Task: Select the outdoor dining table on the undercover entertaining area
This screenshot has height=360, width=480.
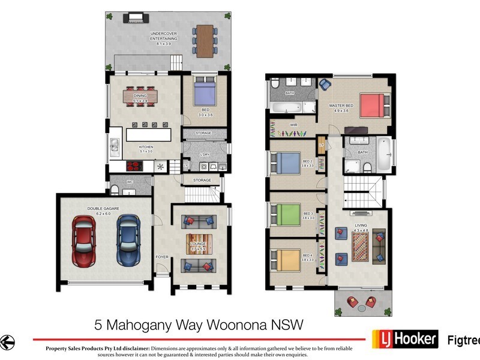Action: coord(205,40)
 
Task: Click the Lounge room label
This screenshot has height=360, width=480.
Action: coord(199,245)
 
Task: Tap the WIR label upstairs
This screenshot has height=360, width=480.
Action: coord(294,125)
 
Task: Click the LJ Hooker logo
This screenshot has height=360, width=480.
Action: coord(404,339)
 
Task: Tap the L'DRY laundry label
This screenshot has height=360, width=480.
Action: coord(205,154)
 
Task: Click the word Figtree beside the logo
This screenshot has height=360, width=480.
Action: coord(464,340)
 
